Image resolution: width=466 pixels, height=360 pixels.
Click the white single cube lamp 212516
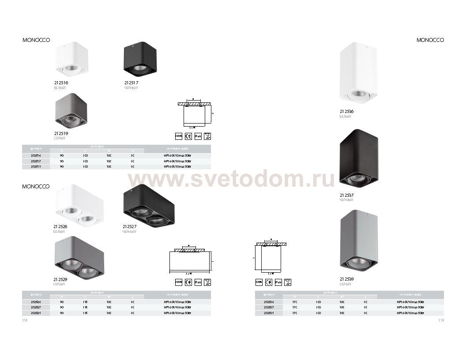pyautogui.click(x=71, y=61)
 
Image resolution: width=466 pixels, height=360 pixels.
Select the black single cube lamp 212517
pyautogui.click(x=140, y=60)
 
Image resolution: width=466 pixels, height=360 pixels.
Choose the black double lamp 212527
pyautogui.click(x=148, y=206)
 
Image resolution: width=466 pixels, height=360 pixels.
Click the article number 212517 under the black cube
pyautogui.click(x=132, y=83)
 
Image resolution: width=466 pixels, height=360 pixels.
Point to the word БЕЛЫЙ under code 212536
pyautogui.click(x=345, y=116)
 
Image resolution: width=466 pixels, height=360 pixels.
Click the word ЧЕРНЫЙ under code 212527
pyautogui.click(x=129, y=232)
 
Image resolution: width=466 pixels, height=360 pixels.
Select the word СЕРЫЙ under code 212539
pyautogui.click(x=345, y=284)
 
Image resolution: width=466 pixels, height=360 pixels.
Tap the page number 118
pyautogui.click(x=25, y=321)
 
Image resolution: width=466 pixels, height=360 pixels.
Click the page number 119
pyautogui.click(x=440, y=321)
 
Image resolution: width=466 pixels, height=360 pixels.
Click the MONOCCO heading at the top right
pyautogui.click(x=430, y=40)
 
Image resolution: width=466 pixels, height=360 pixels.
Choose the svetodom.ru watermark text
pyautogui.click(x=232, y=180)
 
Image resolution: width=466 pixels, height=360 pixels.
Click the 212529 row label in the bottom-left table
pyautogui.click(x=36, y=313)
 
